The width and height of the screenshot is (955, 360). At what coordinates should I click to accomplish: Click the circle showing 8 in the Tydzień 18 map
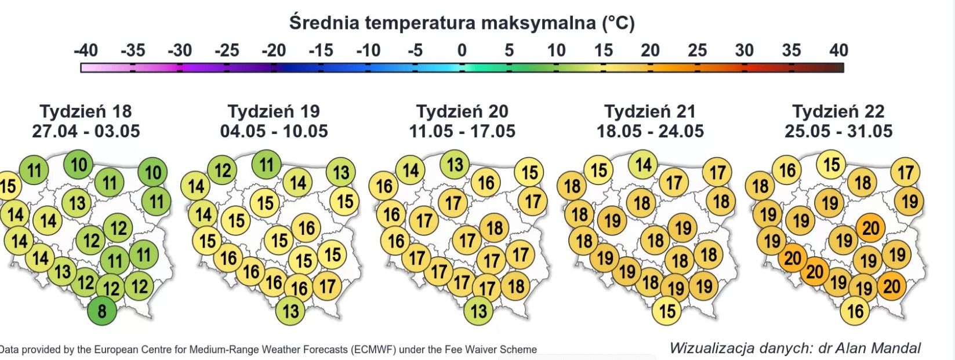click(102, 311)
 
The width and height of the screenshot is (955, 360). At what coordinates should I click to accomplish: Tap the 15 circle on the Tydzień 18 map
click(7, 186)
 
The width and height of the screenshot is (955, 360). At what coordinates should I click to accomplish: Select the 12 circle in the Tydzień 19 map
click(222, 170)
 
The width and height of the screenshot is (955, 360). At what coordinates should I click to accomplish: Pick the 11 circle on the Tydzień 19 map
click(266, 165)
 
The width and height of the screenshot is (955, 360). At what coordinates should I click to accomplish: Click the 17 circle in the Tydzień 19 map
click(327, 285)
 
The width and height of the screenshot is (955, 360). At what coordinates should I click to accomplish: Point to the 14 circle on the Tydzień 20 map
click(411, 170)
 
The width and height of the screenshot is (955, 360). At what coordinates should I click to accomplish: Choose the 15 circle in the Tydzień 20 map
click(529, 172)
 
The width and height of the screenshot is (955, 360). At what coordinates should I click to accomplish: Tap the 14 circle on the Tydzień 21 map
click(643, 165)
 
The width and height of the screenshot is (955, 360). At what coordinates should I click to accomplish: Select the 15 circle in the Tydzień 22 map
click(831, 165)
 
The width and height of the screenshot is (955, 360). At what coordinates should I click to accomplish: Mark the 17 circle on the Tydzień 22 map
click(906, 172)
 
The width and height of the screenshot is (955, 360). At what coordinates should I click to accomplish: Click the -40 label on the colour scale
click(86, 50)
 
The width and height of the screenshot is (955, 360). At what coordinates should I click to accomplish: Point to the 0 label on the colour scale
click(462, 50)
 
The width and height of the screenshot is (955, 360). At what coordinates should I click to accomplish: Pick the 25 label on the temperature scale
click(697, 50)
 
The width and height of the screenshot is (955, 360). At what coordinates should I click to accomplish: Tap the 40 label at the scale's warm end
click(838, 50)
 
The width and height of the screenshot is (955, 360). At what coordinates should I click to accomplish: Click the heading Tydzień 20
click(462, 111)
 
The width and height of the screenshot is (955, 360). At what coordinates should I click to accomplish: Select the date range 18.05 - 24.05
click(650, 131)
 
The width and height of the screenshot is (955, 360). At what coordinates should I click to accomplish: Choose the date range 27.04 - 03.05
click(86, 131)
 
